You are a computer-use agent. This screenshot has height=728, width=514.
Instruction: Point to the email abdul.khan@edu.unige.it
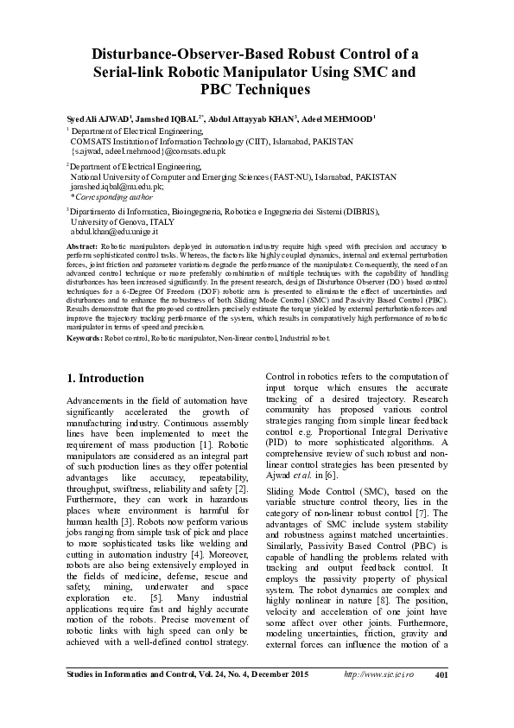coord(114,233)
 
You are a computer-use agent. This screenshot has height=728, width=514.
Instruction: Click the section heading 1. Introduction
coord(105,379)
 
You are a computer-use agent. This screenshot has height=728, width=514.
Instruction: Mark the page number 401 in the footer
coord(440,699)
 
